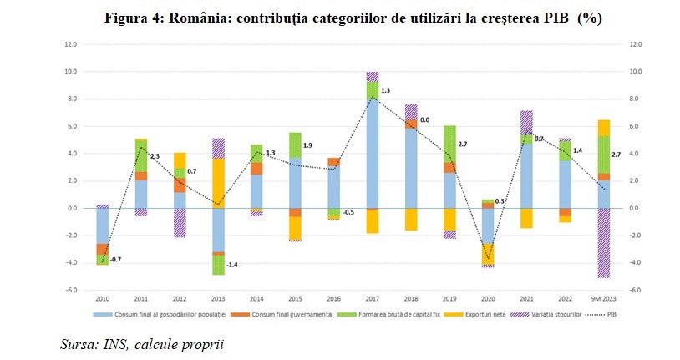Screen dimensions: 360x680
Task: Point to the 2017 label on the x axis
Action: coord(372,298)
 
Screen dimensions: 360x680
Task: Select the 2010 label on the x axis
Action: coord(102,298)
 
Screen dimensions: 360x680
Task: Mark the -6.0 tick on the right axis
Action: coord(635,290)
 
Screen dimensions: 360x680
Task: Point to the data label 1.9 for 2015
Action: coord(307,145)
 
